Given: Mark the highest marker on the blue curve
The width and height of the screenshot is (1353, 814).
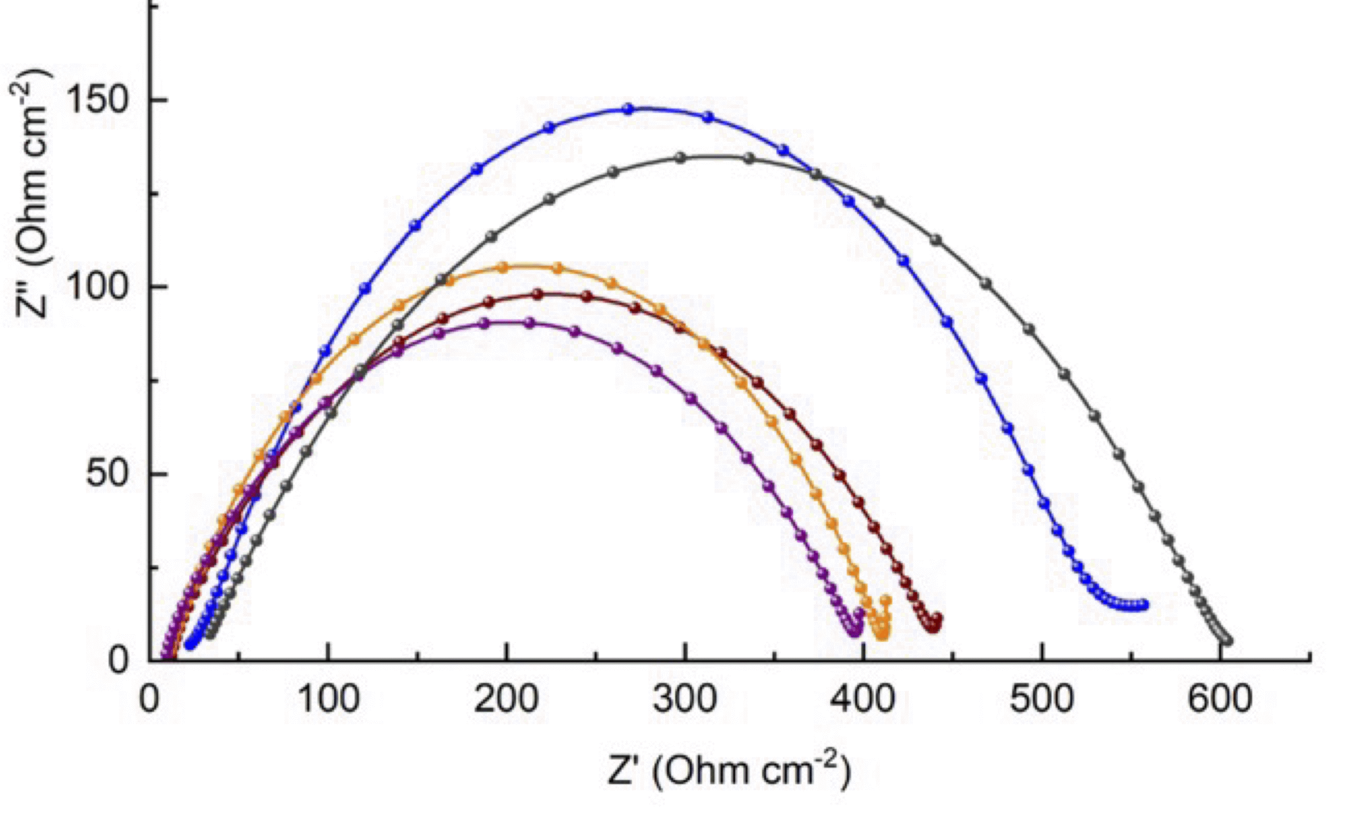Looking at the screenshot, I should pos(628,108).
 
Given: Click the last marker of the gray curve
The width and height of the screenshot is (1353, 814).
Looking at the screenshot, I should pos(1227,640).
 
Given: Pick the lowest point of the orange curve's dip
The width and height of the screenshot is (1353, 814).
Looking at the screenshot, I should pos(882,636).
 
